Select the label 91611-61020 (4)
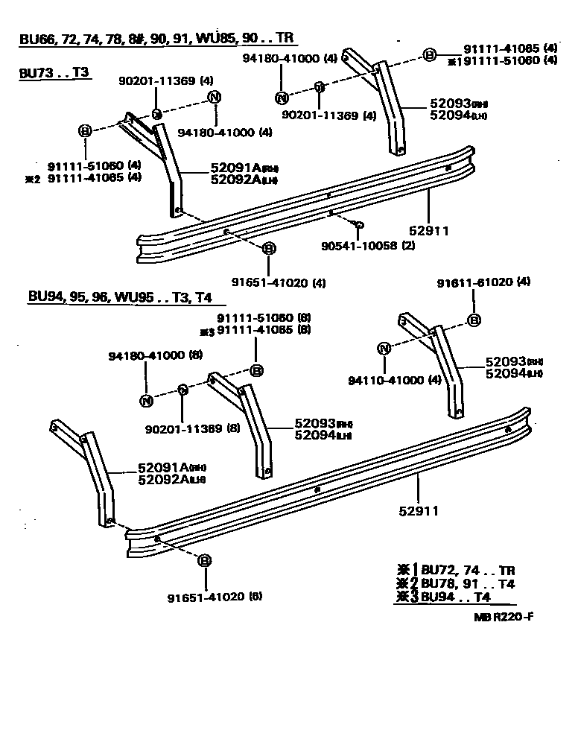(483, 282)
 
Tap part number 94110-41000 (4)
(395, 381)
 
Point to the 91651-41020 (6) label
(215, 596)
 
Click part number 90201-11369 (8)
(192, 428)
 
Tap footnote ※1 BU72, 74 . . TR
(457, 570)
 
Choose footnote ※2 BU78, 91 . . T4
(457, 583)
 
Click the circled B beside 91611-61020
(473, 321)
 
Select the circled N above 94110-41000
(384, 349)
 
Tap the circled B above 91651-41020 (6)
(205, 561)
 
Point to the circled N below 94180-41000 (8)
(146, 401)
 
